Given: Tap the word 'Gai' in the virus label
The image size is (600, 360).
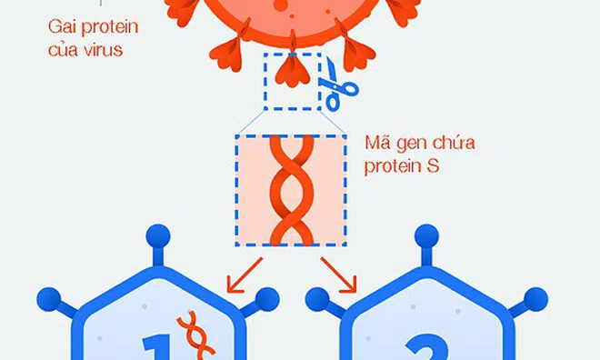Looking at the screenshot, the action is point(62,25).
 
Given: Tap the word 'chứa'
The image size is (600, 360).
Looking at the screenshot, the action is point(455,143).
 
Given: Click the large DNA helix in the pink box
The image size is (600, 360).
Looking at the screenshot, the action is point(290,190).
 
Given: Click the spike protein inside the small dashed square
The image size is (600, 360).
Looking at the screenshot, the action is point(291,74).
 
